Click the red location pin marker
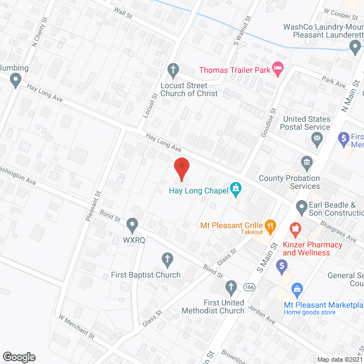click(x=181, y=168)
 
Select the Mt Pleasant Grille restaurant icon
click(x=271, y=225)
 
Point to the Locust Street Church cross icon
click(x=174, y=70)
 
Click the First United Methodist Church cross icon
click(x=230, y=286)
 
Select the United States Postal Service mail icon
click(x=317, y=138)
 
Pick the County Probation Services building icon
click(x=307, y=163)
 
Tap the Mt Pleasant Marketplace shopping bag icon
click(x=296, y=289)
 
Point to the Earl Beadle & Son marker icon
click(x=301, y=205)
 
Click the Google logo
click(x=19, y=357)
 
